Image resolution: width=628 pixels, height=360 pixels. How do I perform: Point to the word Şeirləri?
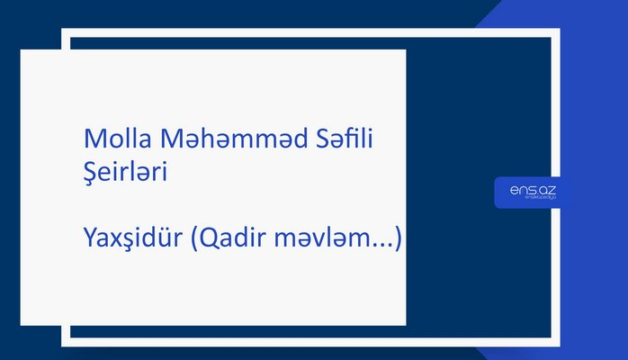(124, 172)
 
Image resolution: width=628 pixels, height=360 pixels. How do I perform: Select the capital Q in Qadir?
(208, 239)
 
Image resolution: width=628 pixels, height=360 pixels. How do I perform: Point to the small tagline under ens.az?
(532, 199)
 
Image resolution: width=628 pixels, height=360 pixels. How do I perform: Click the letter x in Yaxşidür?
(114, 240)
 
